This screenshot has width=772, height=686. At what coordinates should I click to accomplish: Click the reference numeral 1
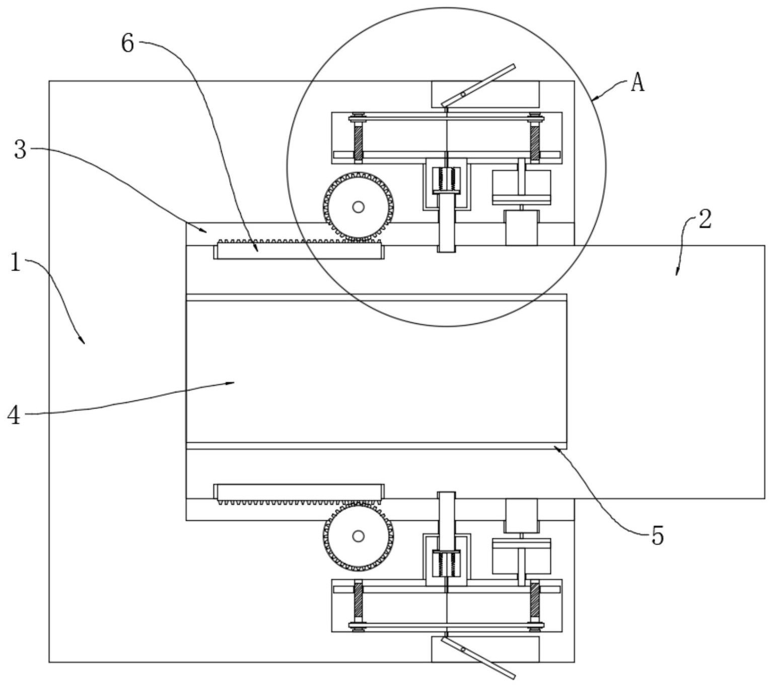(x=15, y=262)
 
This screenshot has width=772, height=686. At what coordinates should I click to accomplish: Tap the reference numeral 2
(x=704, y=221)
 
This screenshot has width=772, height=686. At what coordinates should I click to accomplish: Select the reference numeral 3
(x=20, y=150)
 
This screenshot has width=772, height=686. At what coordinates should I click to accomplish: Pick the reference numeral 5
(x=658, y=536)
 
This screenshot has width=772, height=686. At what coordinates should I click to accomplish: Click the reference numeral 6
(x=127, y=43)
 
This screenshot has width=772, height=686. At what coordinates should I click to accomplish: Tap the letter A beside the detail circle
(x=638, y=83)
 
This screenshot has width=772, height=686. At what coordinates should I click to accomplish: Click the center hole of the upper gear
(x=358, y=207)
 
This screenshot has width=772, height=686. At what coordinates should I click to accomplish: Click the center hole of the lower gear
(x=358, y=536)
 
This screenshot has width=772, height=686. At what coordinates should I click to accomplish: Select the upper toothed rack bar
(x=299, y=249)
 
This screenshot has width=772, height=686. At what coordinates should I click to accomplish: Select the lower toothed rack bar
(x=299, y=494)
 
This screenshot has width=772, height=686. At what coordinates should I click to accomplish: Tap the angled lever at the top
(x=478, y=85)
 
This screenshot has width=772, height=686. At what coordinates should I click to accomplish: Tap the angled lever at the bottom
(x=478, y=657)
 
